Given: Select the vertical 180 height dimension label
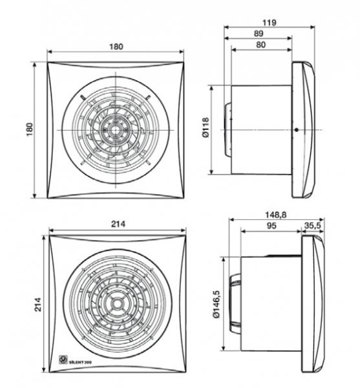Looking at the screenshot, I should (x=29, y=129).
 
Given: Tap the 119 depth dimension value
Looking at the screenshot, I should (x=270, y=23).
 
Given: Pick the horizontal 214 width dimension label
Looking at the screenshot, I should (x=118, y=223).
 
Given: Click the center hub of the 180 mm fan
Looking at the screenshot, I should (x=117, y=129).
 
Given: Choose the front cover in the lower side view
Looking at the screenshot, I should (x=314, y=303).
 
